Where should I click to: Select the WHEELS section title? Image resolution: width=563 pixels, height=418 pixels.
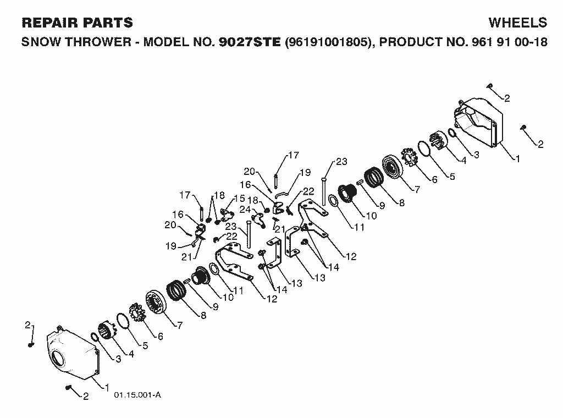[518, 23]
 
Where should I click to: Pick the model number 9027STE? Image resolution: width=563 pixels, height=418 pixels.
[249, 42]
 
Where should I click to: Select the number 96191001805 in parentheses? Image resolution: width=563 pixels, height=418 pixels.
[328, 42]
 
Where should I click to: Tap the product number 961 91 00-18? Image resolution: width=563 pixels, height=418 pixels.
[507, 42]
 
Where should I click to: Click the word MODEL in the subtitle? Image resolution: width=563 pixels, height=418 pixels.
[166, 42]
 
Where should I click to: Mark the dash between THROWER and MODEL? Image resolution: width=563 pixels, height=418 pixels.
[137, 43]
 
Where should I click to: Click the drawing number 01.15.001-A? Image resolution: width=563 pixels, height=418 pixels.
[137, 395]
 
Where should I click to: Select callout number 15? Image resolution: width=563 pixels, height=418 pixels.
[240, 198]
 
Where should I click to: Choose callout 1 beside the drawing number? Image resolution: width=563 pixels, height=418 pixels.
[107, 387]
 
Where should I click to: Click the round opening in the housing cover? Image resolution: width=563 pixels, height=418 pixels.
[58, 359]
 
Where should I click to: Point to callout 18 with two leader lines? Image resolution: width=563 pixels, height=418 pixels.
[219, 195]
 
